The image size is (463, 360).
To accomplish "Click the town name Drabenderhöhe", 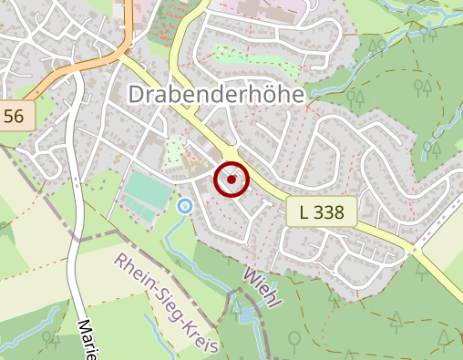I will point(219,95).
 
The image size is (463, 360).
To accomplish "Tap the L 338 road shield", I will point(321,213).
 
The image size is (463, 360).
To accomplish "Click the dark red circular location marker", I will point(231,180).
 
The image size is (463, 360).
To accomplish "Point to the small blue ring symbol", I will point(185,206).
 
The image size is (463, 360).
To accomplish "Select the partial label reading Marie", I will point(87,340).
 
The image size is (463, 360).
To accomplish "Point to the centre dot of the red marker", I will point(231,180).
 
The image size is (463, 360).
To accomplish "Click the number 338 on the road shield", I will point(329,213).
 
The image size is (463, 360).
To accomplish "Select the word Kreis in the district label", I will point(201,334).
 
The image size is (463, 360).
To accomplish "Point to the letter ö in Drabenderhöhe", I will point(265,95).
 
